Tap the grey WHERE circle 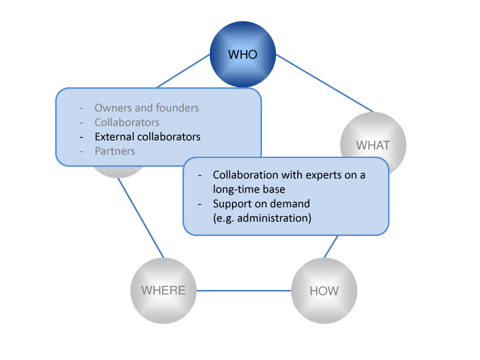pos(163,291)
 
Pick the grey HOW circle pos(325,291)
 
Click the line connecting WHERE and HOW pos(244,291)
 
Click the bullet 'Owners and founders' pos(147,108)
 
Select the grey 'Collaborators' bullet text pos(127,123)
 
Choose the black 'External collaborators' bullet pos(147,137)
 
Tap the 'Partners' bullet pos(115,151)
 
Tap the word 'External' pos(115,137)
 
